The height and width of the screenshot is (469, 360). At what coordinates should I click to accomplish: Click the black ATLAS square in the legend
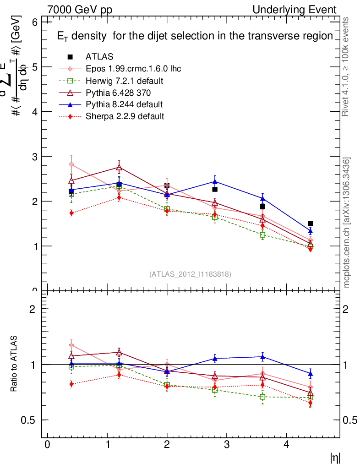click(71, 57)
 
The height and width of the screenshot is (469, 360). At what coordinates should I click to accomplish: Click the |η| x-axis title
click(335, 458)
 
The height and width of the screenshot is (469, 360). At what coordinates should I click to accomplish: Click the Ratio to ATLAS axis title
click(14, 365)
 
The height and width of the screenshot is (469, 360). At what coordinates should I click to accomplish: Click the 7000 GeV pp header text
click(80, 10)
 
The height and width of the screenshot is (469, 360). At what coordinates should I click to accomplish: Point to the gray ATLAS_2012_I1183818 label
click(190, 274)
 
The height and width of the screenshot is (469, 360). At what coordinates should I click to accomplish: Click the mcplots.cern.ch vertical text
click(347, 223)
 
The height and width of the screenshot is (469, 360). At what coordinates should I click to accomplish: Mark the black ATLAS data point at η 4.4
click(310, 224)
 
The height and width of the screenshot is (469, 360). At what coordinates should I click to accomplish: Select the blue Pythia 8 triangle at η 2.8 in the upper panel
click(214, 181)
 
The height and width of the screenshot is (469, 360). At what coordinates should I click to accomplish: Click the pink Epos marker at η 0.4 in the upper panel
click(71, 164)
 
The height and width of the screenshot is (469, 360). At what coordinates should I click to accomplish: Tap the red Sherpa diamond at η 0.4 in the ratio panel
click(71, 384)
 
